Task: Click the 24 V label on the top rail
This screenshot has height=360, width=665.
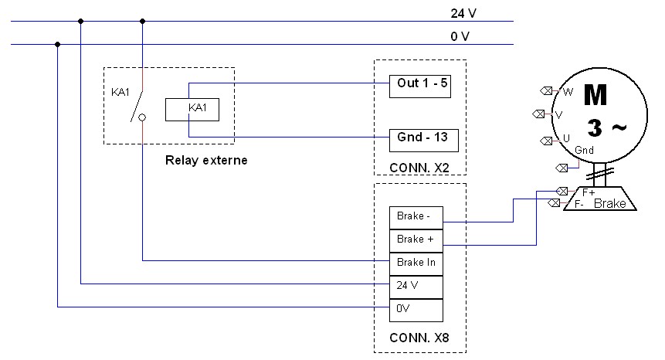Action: pos(463,13)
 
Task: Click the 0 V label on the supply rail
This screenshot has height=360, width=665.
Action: pos(460,36)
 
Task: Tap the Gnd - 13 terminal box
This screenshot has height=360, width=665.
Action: pos(423,140)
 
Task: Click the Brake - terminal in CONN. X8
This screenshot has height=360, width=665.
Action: pos(416,216)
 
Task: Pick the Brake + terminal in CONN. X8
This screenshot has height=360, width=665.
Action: pos(416,239)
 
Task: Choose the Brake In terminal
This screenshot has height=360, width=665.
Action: pos(416,263)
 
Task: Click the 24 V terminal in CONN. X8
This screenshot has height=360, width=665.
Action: pos(416,286)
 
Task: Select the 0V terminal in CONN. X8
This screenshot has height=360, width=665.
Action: pos(416,310)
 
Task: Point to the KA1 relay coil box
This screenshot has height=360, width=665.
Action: pos(192,110)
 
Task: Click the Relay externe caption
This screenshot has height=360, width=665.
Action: pos(207,161)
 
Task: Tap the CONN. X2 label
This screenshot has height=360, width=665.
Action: pos(419,166)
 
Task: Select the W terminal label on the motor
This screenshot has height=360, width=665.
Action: pos(568,92)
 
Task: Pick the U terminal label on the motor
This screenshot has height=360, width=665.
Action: pos(566,138)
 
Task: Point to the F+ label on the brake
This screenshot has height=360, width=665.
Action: pos(588,192)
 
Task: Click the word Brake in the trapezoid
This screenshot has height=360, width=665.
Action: pos(609,204)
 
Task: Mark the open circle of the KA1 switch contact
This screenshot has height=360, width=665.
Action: pos(142,118)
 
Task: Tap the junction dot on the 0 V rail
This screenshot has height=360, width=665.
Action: pos(58,44)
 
